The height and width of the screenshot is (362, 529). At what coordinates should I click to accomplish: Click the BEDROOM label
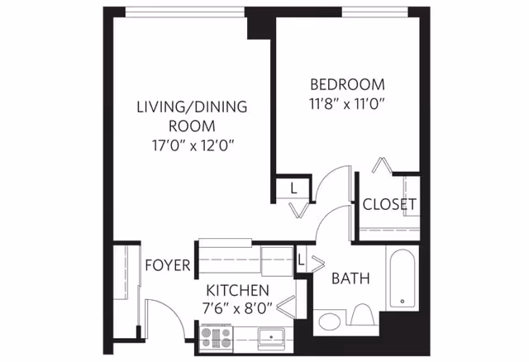point(347,84)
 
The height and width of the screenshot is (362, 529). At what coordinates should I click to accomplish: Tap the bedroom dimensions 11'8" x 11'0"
point(347,104)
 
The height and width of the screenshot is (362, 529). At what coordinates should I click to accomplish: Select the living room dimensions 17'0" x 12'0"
point(193,145)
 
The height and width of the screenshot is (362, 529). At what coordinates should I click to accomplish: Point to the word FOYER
point(168,265)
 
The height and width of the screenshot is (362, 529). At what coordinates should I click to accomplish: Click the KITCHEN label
point(238,290)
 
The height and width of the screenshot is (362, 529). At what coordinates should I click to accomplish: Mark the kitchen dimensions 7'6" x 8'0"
point(237,308)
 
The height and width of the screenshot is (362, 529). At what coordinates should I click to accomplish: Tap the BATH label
point(350,279)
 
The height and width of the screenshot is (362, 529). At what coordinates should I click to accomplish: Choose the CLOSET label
point(389,204)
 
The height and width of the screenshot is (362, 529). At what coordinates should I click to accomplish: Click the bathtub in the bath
point(403,278)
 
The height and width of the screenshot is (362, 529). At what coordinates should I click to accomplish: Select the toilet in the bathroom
point(363,314)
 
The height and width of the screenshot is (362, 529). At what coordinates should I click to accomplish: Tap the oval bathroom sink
point(330,322)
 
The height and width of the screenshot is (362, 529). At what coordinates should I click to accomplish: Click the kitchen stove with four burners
point(216,338)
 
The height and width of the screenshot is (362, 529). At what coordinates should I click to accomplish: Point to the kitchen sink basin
point(271,337)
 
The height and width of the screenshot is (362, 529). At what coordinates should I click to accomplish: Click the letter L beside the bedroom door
point(293,188)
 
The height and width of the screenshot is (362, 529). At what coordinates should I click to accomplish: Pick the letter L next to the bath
point(301,260)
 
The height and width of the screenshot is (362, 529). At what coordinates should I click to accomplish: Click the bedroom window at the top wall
point(374,12)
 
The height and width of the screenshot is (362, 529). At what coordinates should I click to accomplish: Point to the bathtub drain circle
point(403,301)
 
